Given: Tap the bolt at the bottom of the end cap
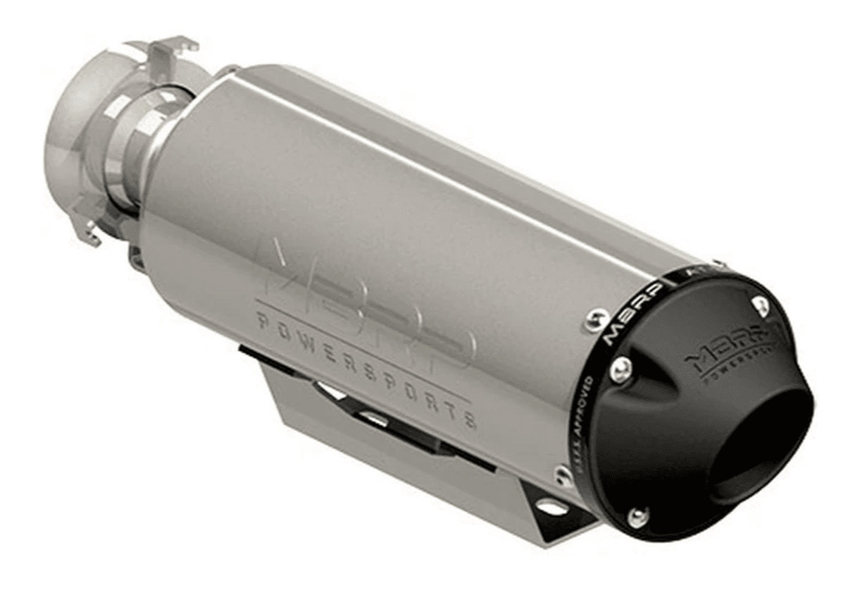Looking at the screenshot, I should tap(637, 517).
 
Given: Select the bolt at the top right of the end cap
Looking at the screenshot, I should tap(761, 305).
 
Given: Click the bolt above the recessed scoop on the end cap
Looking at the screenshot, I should tap(620, 369).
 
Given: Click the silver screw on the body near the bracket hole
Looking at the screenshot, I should tap(563, 475).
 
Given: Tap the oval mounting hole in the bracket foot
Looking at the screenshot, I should tap(551, 506).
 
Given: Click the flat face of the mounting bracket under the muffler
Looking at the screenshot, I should tap(394, 451).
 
